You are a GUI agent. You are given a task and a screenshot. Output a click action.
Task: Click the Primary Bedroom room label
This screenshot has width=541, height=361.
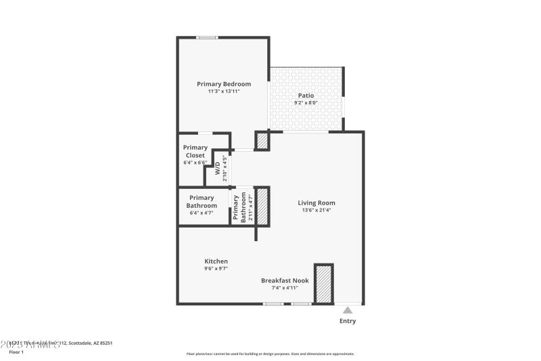pyautogui.click(x=224, y=84)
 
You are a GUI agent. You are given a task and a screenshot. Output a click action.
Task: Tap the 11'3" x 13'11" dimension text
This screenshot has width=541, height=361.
pyautogui.click(x=224, y=91)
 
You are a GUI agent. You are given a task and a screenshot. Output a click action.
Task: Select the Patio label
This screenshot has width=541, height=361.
pyautogui.click(x=306, y=95)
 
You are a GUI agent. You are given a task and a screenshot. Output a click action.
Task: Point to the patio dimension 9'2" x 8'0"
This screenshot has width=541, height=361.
pyautogui.click(x=306, y=103)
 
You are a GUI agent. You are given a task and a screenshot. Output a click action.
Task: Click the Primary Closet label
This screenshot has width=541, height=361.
pyautogui.click(x=195, y=151)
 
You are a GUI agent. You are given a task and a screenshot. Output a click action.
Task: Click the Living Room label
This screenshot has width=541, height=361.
pyautogui.click(x=316, y=203)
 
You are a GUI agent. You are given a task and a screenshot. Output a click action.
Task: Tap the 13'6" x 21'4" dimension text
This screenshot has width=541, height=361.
pyautogui.click(x=316, y=210)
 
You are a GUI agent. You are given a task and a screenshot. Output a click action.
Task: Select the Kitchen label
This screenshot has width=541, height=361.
pyautogui.click(x=216, y=261)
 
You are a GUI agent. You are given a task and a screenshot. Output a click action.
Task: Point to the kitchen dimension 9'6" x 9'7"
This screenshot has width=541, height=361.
pyautogui.click(x=216, y=269)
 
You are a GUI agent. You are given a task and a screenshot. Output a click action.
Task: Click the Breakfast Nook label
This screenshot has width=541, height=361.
pyautogui.click(x=285, y=280)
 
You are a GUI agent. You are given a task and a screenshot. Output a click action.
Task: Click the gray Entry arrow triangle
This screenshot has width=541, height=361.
pyautogui.click(x=347, y=310)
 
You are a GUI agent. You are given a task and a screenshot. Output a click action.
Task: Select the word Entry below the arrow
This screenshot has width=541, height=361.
pyautogui.click(x=347, y=321)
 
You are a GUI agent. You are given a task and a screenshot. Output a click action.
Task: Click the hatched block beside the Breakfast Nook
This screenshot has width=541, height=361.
pyautogui.click(x=324, y=284)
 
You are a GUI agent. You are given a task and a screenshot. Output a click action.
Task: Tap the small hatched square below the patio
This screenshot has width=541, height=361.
pyautogui.click(x=262, y=141)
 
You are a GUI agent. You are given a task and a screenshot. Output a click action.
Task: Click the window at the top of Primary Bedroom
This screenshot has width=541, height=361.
pyautogui.click(x=207, y=37)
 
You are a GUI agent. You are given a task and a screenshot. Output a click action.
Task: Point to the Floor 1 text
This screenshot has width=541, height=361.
pyautogui.click(x=16, y=352)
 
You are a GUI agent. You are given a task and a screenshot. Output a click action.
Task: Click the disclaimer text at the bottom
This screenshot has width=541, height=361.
pyautogui.click(x=270, y=354)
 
